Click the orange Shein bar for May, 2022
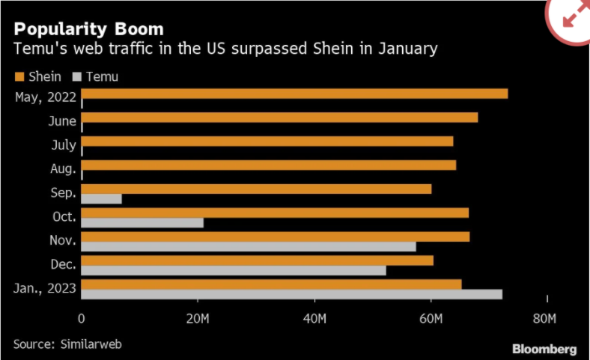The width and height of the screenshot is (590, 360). (x=294, y=94)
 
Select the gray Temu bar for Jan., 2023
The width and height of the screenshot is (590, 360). (x=291, y=294)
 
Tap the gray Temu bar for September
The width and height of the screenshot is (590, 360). (x=101, y=199)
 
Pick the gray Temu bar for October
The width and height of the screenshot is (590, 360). (x=142, y=222)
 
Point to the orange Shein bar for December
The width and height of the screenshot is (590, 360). (x=257, y=260)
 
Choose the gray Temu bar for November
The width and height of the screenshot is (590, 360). (x=248, y=246)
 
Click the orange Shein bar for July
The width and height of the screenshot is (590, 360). (x=267, y=141)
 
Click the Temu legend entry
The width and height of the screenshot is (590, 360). (x=96, y=76)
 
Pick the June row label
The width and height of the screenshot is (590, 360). (x=61, y=121)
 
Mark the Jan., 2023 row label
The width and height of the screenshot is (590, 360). (x=44, y=289)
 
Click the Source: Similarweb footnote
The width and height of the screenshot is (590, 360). (x=67, y=344)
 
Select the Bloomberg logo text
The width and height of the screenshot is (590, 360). (x=544, y=349)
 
